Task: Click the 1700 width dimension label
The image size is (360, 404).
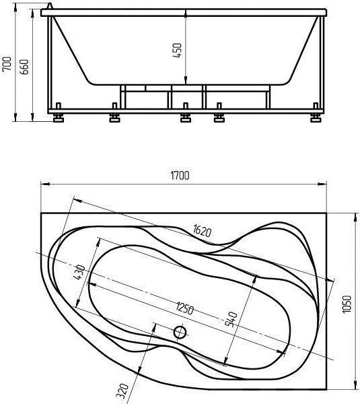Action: pos(180,176)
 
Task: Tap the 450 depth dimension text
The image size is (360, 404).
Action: pos(178,50)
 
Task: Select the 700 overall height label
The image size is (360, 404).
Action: pos(7,64)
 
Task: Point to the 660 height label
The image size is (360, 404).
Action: pos(24,67)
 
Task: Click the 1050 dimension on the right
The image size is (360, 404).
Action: pos(347,304)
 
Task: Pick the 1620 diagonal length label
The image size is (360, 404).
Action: pos(202,230)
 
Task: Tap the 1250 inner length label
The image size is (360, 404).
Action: pos(184,308)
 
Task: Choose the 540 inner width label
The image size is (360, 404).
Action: pos(231,319)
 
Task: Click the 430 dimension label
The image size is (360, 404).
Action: pos(79,272)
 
